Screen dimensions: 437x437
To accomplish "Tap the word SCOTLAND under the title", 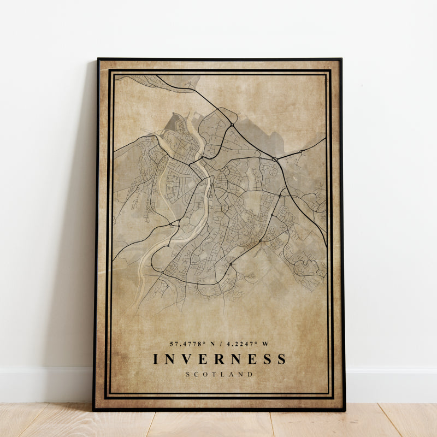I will [219, 374].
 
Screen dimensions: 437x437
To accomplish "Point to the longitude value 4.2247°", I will [243, 344].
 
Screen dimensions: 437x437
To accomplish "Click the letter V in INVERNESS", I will [186, 359].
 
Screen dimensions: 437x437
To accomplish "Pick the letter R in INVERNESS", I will [219, 359].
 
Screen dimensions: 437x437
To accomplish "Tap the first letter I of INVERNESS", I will [156, 359].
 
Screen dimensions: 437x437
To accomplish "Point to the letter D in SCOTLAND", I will [250, 374].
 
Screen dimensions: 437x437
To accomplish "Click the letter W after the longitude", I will [266, 344].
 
